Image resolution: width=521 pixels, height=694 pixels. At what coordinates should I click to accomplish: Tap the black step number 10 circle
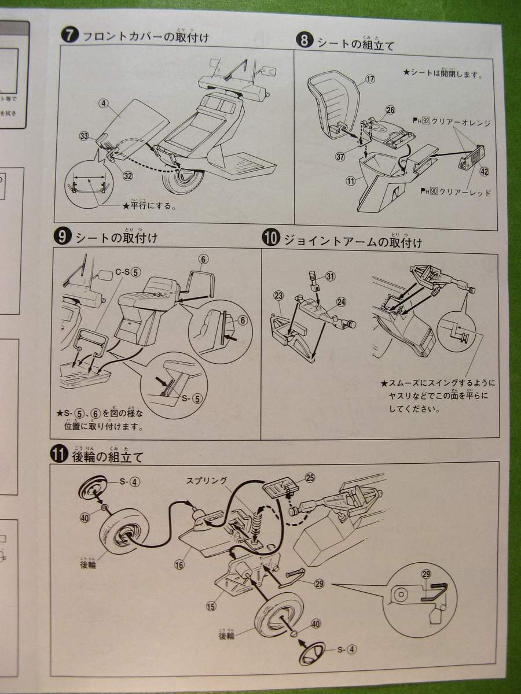[x=270, y=238]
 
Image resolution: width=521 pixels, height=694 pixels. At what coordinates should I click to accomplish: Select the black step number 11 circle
[x=58, y=455]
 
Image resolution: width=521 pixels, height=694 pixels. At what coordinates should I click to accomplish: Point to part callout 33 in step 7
[x=85, y=136]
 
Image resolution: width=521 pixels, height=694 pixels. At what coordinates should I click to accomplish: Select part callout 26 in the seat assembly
[x=390, y=110]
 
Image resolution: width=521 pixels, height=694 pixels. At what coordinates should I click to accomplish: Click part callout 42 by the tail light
[x=484, y=171]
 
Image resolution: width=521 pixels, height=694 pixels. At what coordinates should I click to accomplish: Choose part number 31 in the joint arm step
[x=331, y=276]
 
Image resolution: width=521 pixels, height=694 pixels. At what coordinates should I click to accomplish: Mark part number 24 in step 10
[x=341, y=301]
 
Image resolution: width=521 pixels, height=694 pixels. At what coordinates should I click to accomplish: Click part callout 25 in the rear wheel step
[x=310, y=478]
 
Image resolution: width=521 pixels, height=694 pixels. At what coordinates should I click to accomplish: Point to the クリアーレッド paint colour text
[x=465, y=193]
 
